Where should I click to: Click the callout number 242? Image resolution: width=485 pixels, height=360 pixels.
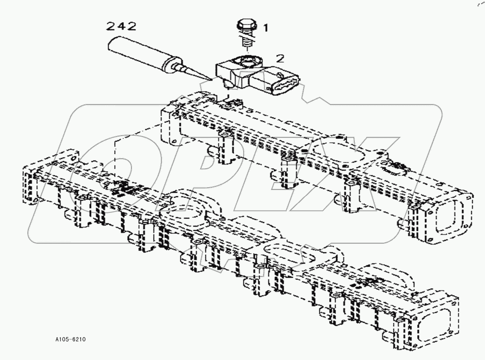pos(121,26)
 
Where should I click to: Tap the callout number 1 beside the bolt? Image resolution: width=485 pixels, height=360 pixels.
pos(265,27)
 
